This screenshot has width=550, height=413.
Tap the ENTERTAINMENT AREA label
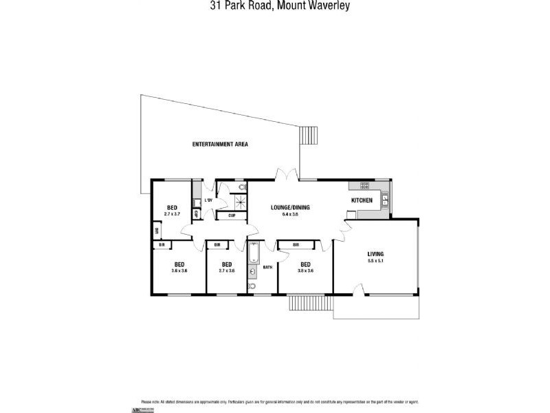tap(220, 145)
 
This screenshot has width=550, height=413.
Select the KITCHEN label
tap(362, 200)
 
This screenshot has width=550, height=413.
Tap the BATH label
tap(267, 266)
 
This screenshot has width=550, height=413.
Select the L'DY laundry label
tap(208, 200)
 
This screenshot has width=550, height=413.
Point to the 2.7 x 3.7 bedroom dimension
tap(174, 214)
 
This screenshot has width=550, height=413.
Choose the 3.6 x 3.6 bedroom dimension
tap(179, 271)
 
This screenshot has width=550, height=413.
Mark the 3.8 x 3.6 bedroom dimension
tap(305, 271)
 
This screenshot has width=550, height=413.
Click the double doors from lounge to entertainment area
tap(287, 176)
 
